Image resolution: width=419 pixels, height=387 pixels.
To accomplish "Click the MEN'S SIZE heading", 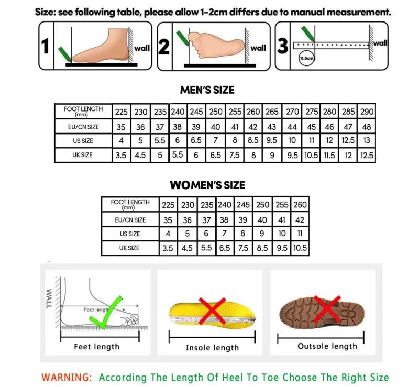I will (x=207, y=90).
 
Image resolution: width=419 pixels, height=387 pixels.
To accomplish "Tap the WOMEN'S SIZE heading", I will (x=207, y=185).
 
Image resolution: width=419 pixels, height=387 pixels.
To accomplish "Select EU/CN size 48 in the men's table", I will (x=367, y=127).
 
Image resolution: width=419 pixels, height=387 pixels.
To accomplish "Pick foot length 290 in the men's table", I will (x=367, y=112).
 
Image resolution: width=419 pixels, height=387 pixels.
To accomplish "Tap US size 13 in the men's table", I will (x=367, y=140).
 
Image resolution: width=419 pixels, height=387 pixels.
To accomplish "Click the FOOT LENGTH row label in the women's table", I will (x=130, y=204).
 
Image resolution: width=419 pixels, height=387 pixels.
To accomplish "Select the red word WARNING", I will (x=67, y=377).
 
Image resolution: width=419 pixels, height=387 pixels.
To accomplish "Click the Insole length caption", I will (x=212, y=348).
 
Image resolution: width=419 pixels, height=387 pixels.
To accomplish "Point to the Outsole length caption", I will (x=327, y=346).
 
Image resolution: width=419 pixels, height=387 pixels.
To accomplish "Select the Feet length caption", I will (x=96, y=347).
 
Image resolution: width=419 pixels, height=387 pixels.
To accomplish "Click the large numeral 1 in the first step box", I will (x=46, y=47).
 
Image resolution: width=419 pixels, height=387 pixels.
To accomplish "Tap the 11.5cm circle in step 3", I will (x=305, y=59).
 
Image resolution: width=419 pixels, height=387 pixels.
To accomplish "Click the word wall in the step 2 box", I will (x=258, y=48).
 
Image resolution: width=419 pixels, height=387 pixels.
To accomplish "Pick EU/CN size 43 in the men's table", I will (x=272, y=127).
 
